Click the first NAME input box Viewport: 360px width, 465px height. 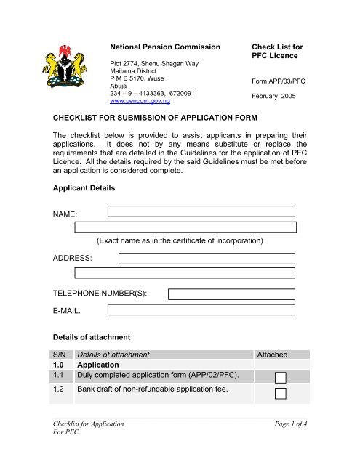(x=201, y=211)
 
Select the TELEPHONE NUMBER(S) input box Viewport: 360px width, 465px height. (x=231, y=293)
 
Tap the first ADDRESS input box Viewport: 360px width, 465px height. (x=207, y=258)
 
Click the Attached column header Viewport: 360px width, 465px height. (x=273, y=355)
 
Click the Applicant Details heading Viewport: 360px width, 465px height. (x=91, y=187)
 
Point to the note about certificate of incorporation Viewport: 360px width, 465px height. (x=179, y=240)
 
